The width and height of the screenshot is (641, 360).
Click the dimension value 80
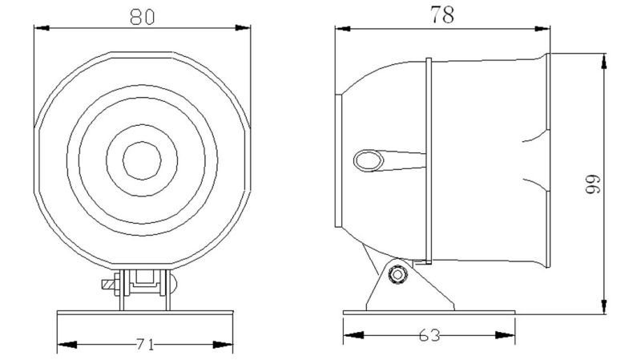pos(143,17)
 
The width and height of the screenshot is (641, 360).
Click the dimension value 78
pos(442,15)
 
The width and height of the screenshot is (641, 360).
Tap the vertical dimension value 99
pos(593,184)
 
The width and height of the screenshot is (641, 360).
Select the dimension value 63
pos(429,335)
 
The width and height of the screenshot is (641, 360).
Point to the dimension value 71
pos(145,345)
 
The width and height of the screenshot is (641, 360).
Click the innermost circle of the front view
pos(142,161)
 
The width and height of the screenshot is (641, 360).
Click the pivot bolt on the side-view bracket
pos(397,273)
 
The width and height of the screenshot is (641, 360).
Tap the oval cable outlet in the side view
pos(369,160)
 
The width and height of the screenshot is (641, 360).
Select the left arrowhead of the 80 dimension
pos(42,28)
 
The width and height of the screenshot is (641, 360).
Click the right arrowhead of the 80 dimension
pos(243,28)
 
